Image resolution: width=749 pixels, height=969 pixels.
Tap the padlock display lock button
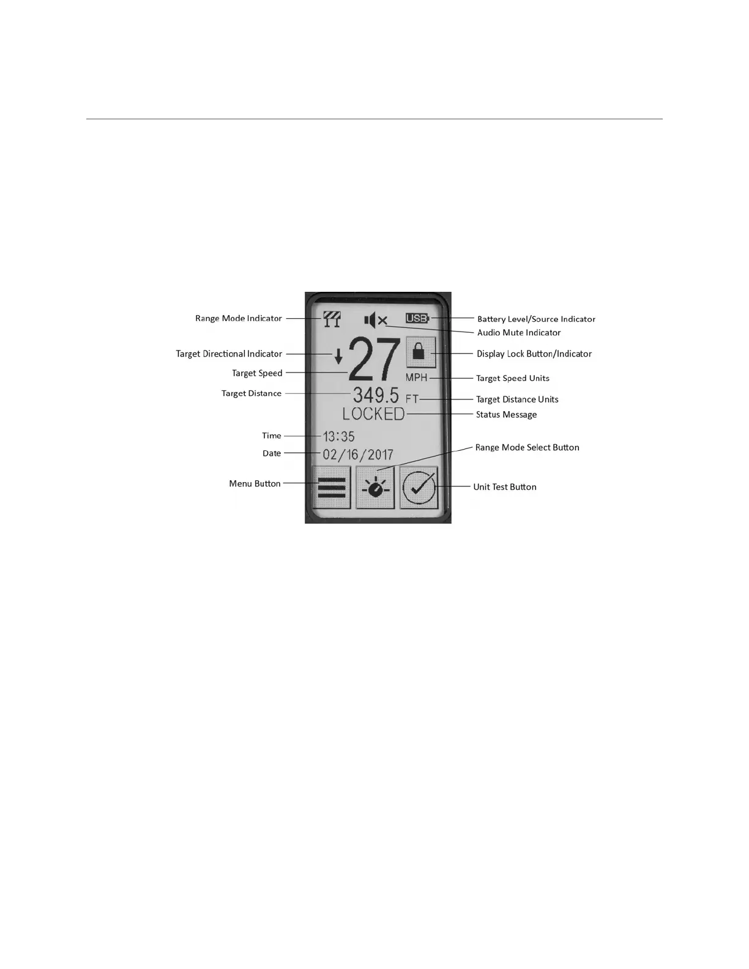420,352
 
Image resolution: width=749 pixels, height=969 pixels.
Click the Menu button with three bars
331,488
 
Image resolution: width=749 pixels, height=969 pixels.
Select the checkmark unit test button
420,488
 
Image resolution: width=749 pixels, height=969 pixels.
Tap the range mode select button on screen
375,488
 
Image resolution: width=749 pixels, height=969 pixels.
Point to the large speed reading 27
374,361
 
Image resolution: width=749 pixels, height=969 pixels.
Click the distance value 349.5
375,395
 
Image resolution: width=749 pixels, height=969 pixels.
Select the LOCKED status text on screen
373,414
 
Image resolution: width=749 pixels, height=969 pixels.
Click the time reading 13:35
338,436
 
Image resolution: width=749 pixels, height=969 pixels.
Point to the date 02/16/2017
358,455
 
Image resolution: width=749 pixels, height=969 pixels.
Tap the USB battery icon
417,318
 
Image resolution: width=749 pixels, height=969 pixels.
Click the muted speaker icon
375,319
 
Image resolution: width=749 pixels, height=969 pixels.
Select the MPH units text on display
416,377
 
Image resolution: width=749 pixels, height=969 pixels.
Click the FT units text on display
412,399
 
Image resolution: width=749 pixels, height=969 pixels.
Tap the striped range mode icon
332,319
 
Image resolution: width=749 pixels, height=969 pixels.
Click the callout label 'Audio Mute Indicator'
518,333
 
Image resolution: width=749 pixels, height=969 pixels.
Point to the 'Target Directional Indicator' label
229,354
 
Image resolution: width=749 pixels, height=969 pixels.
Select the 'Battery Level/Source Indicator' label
536,319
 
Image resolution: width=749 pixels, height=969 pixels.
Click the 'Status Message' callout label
506,415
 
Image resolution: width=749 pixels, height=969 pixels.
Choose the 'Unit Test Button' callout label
504,487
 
